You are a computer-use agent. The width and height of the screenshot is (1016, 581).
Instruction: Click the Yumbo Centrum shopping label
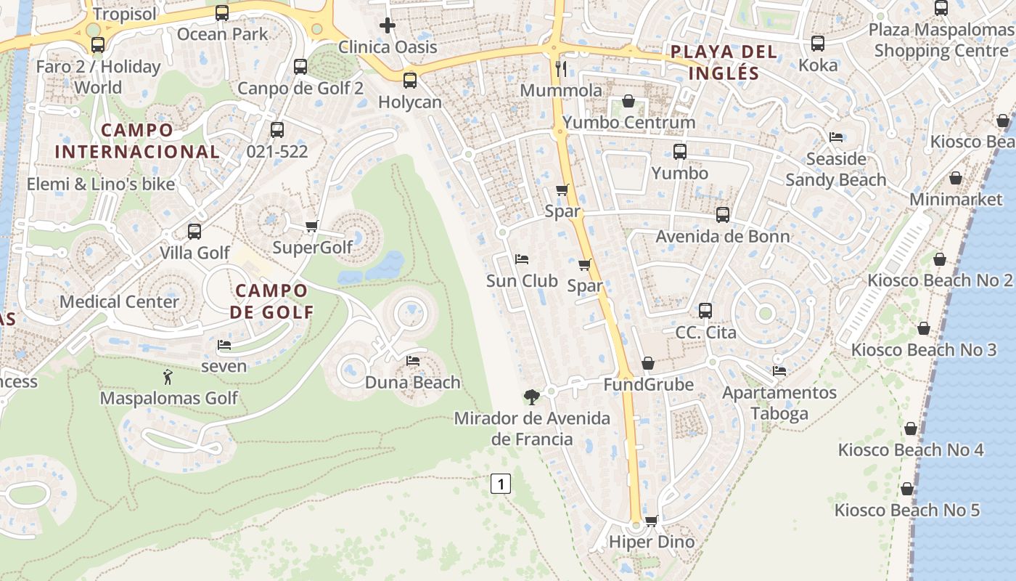click(628, 122)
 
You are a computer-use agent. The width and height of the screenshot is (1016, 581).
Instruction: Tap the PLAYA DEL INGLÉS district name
click(724, 62)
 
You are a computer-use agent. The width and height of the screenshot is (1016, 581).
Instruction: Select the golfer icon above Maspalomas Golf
click(168, 377)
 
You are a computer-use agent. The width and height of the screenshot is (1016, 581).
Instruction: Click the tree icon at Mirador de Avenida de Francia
click(532, 397)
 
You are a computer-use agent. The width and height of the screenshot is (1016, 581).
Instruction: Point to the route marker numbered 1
click(501, 484)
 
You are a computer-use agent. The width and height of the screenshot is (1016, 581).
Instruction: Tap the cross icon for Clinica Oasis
click(388, 26)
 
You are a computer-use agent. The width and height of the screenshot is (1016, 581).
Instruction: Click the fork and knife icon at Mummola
click(561, 69)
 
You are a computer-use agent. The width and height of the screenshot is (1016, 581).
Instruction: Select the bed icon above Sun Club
click(521, 259)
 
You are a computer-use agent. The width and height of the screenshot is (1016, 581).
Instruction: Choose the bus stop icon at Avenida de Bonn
click(722, 215)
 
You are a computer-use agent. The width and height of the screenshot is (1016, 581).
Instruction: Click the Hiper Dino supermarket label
click(651, 542)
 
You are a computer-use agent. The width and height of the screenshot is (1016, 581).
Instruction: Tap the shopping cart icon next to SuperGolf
click(312, 226)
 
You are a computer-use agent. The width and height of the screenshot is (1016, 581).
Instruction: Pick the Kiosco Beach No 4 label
click(911, 450)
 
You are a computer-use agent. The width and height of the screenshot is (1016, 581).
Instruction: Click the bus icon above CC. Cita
click(705, 311)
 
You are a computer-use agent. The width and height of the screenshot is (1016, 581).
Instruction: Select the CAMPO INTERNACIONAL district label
click(137, 141)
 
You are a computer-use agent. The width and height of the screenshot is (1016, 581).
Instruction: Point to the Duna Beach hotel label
click(412, 382)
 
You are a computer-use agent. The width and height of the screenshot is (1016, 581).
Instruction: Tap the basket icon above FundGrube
click(648, 362)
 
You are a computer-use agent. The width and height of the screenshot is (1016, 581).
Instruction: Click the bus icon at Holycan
click(410, 81)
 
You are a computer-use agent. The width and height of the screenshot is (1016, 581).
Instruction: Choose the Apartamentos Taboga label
click(779, 403)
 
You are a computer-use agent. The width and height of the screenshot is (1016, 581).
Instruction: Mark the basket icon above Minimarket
click(956, 178)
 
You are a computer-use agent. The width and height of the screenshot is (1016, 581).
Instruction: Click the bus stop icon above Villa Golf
click(194, 232)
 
